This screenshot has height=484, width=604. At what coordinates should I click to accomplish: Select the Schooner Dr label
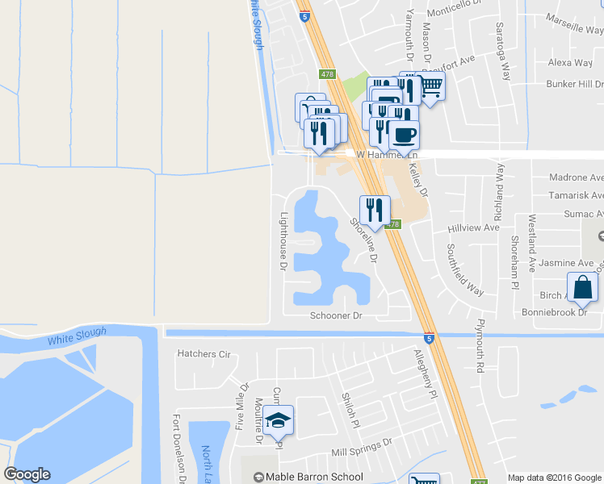tap(336, 316)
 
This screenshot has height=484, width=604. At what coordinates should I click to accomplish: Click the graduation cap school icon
tap(279, 421)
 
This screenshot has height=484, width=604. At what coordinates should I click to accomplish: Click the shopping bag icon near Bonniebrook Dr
tap(583, 288)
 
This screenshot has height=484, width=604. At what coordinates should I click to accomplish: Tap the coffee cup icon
tap(404, 134)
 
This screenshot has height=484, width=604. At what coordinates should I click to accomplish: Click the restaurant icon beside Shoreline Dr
tap(375, 211)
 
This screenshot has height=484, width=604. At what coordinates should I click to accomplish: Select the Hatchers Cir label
tap(203, 353)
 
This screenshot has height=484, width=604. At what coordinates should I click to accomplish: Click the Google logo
tap(27, 474)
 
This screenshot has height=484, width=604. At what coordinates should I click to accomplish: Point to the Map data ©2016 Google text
tap(554, 478)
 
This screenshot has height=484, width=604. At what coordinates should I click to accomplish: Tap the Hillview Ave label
tap(474, 228)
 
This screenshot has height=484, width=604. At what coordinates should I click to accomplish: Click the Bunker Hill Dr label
tap(574, 84)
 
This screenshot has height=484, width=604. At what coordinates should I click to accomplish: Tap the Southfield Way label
tap(465, 269)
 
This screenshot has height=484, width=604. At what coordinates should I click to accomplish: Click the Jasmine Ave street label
tap(566, 263)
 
